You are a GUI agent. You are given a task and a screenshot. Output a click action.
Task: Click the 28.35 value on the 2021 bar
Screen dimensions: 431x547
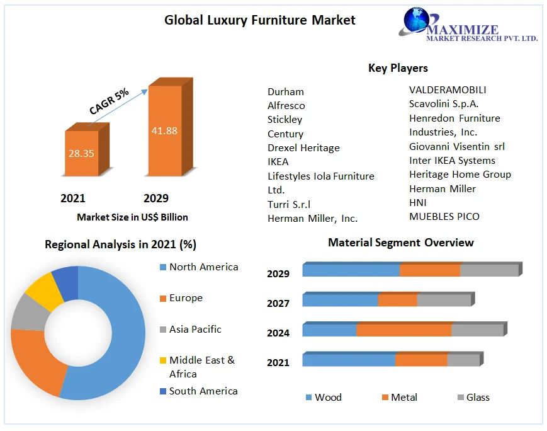[x=82, y=154]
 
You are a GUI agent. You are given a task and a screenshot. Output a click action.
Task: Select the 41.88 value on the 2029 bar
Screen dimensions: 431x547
[x=164, y=131]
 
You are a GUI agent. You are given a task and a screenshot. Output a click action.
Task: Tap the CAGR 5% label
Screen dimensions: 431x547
[x=109, y=101]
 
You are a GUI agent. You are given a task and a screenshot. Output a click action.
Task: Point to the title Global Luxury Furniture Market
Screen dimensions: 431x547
[x=260, y=20]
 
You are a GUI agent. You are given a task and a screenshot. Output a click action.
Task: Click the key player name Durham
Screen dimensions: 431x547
[x=285, y=91]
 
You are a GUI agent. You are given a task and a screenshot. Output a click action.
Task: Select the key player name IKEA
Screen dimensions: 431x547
[x=278, y=162]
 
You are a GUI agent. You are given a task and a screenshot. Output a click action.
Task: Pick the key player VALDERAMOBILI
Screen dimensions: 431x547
[x=448, y=90]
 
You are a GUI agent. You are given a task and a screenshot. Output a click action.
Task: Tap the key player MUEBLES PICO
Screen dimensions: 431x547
[x=444, y=217]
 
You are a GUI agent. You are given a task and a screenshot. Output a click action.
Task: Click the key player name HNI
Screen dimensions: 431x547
[x=417, y=202]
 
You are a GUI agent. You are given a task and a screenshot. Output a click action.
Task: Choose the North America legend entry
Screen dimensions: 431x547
[x=203, y=267]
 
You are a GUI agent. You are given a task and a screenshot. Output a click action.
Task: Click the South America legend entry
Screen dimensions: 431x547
[x=203, y=391]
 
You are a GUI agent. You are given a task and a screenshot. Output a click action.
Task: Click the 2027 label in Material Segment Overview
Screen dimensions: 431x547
[x=278, y=303]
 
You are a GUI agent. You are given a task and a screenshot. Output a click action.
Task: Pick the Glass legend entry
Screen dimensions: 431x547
[x=477, y=398]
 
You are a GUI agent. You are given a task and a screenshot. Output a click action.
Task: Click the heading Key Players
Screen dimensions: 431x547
[x=398, y=68]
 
